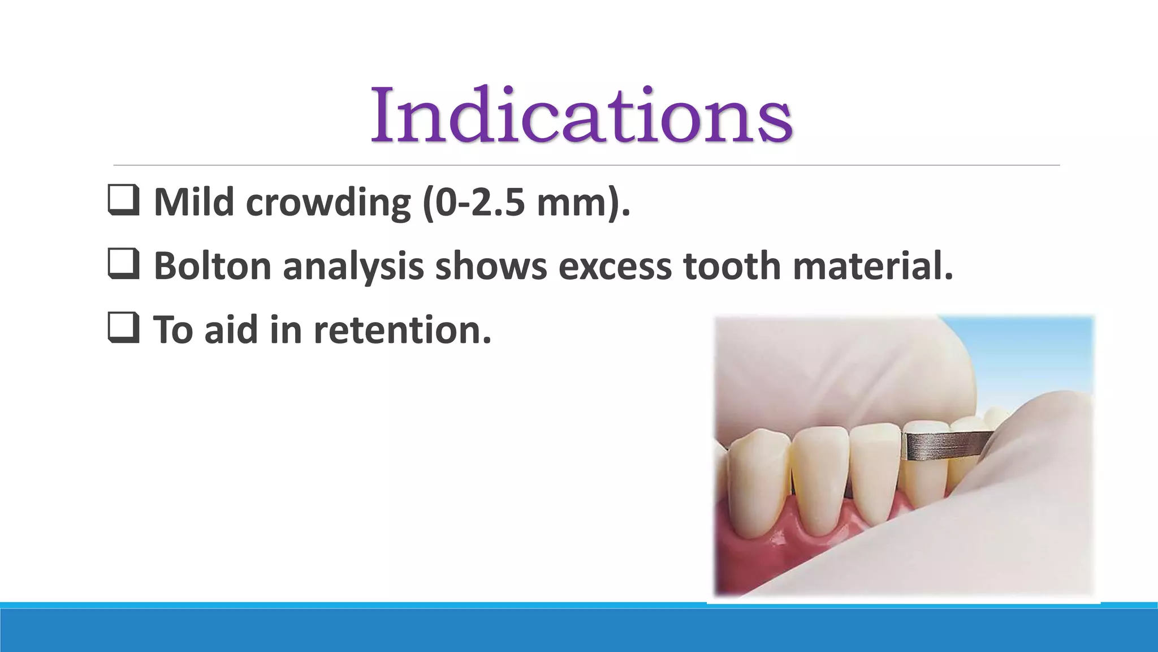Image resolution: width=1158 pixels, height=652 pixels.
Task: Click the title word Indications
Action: pyautogui.click(x=581, y=115)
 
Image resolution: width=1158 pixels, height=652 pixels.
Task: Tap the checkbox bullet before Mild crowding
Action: pyautogui.click(x=123, y=201)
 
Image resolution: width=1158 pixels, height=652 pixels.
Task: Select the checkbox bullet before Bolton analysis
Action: pyautogui.click(x=123, y=265)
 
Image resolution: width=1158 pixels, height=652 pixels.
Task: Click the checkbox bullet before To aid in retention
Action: pyautogui.click(x=123, y=329)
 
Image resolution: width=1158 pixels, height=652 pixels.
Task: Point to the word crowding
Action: pyautogui.click(x=328, y=203)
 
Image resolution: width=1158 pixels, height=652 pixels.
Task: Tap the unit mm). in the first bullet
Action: pyautogui.click(x=583, y=203)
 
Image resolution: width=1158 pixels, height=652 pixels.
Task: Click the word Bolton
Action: pyautogui.click(x=212, y=266)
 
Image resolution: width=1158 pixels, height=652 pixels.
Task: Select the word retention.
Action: pyautogui.click(x=403, y=330)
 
